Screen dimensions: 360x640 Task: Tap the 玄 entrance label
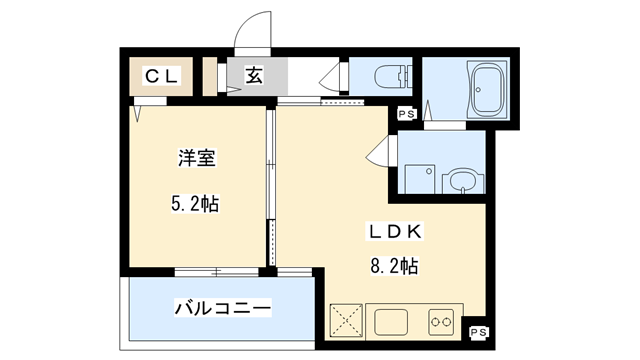point(254,76)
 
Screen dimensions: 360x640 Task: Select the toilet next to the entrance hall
point(382,76)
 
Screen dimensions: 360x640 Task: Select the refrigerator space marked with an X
point(348,321)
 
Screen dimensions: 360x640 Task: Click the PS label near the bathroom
point(406,116)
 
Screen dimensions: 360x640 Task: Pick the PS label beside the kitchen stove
point(478,331)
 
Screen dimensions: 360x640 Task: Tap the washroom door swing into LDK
point(379,155)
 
